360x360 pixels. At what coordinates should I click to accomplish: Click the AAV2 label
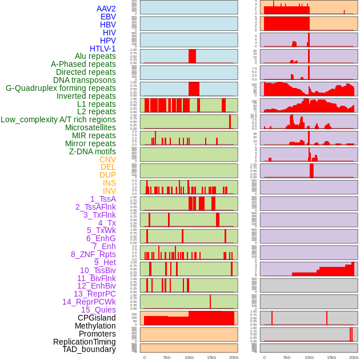click(106, 9)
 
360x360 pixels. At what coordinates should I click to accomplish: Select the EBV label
click(108, 17)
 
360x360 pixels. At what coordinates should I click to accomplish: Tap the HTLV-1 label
click(103, 49)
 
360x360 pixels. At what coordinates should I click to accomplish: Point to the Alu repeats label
click(95, 56)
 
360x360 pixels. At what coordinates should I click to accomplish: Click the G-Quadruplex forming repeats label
click(61, 88)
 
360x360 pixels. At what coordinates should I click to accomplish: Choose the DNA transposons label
click(85, 80)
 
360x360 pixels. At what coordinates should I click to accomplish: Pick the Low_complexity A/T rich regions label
click(58, 119)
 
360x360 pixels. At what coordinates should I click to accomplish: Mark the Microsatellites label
click(90, 127)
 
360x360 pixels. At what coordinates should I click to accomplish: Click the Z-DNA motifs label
click(93, 151)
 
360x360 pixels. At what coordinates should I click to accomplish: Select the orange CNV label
click(107, 159)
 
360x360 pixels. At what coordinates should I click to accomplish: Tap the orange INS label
click(109, 183)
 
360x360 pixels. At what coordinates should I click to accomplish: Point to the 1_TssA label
click(103, 199)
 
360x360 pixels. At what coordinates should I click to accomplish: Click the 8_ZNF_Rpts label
click(93, 254)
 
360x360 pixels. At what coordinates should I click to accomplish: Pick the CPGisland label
click(97, 318)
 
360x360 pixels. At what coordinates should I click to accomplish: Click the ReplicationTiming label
click(85, 342)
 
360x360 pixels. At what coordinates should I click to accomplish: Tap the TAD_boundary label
click(89, 349)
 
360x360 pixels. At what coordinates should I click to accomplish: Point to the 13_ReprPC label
click(95, 294)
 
